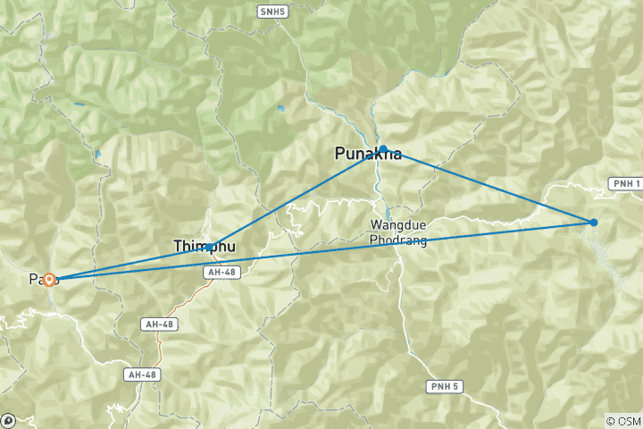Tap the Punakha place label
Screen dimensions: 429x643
click(x=367, y=153)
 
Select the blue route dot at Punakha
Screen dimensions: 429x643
click(x=383, y=149)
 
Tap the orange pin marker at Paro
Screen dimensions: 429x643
click(x=50, y=280)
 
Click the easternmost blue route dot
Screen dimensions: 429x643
click(x=594, y=223)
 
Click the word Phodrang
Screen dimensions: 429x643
click(x=398, y=241)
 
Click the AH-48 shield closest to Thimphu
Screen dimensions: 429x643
click(x=222, y=272)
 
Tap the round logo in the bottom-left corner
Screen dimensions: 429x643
click(x=8, y=419)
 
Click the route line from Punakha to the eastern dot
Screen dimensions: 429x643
click(x=489, y=186)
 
